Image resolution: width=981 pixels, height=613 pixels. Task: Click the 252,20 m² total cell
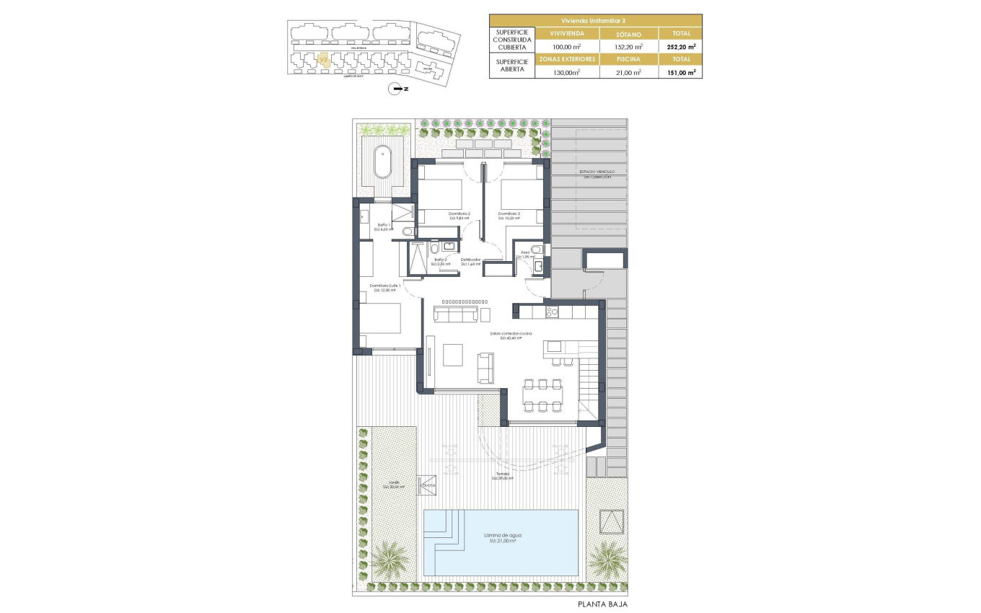tap(680, 46)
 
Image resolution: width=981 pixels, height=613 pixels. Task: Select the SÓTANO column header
tap(628, 33)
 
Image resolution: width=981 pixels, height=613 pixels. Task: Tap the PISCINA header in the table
tap(628, 59)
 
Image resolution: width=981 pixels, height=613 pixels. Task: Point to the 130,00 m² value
tap(566, 72)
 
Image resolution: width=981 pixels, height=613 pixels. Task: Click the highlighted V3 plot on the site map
tap(324, 59)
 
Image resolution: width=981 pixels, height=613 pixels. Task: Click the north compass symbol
tap(395, 89)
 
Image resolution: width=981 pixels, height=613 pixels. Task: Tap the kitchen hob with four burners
tap(552, 312)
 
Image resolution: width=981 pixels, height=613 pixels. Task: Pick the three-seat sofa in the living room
tap(455, 314)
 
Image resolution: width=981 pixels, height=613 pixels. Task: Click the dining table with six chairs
tap(543, 394)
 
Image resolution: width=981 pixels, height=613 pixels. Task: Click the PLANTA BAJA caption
tap(602, 604)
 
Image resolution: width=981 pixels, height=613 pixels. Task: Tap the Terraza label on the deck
tap(502, 475)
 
